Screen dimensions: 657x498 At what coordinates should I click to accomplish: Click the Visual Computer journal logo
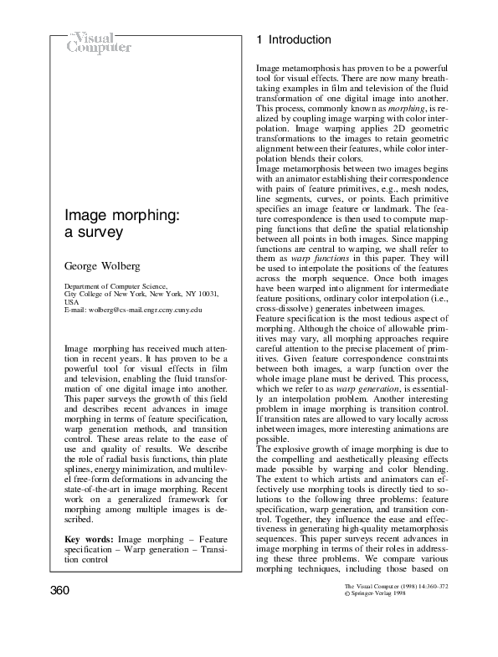[99, 42]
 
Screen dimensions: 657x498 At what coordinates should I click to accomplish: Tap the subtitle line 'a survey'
[95, 234]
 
